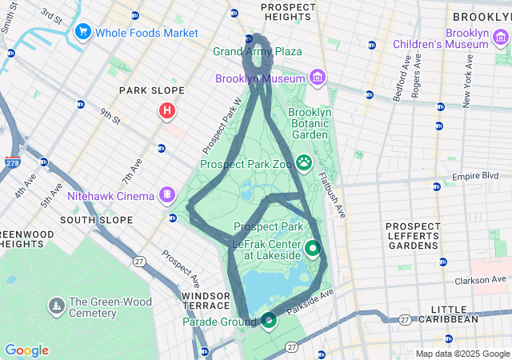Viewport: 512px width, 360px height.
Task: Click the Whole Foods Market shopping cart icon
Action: [x=82, y=32]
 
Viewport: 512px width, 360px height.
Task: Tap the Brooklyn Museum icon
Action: [x=318, y=78]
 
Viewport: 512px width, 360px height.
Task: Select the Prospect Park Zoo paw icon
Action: [x=304, y=163]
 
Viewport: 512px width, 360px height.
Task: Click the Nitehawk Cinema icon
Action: [x=166, y=194]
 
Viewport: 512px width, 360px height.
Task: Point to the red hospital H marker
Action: [x=166, y=110]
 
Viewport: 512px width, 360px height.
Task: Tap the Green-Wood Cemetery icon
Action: [x=56, y=305]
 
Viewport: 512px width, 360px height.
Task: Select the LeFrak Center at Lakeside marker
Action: [x=312, y=249]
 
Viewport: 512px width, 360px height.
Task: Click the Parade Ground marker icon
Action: [x=269, y=321]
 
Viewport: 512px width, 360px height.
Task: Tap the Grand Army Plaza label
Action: [x=258, y=52]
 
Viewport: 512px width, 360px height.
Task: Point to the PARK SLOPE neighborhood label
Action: [x=152, y=90]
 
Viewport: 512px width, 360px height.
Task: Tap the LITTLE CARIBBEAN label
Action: [x=454, y=314]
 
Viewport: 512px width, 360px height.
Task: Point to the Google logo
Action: [x=26, y=350]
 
